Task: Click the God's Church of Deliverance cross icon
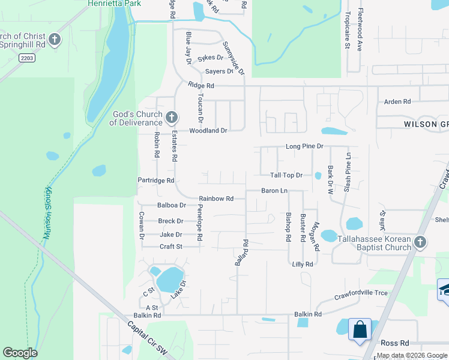(171, 116)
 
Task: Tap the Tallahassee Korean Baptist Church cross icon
(420, 242)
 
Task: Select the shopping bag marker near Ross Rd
(360, 329)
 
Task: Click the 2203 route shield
(26, 58)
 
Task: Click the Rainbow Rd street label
(216, 199)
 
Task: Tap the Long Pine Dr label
(304, 146)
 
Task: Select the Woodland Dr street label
(208, 130)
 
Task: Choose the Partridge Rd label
(155, 180)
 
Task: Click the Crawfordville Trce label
(361, 293)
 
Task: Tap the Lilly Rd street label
(303, 264)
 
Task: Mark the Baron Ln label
(274, 191)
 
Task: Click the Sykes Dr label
(210, 58)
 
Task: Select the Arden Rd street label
(397, 101)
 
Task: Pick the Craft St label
(170, 247)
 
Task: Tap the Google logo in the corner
(20, 353)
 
